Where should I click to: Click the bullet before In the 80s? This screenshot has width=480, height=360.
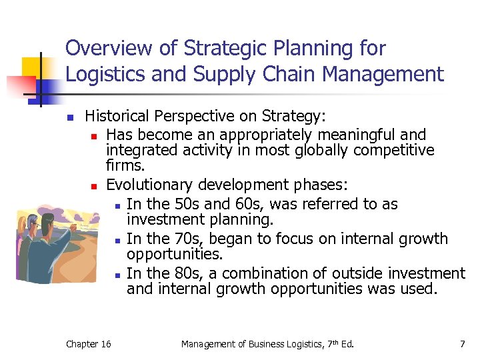click(x=116, y=274)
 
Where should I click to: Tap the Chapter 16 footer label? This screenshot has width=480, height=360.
click(x=89, y=344)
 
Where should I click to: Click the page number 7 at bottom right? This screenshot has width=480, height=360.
click(x=462, y=344)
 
